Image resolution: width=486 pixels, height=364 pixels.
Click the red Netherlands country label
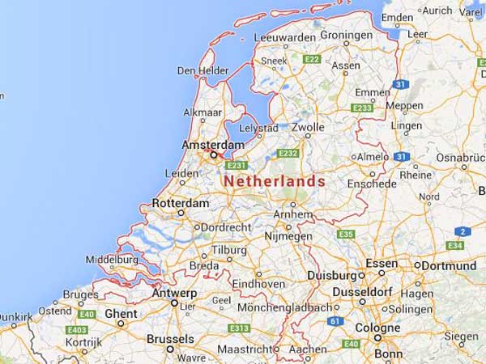(274, 181)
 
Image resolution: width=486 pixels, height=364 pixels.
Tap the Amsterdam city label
(212, 143)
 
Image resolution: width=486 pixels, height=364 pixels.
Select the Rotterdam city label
(180, 203)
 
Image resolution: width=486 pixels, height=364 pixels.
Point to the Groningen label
(347, 36)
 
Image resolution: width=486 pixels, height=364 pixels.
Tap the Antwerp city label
(174, 293)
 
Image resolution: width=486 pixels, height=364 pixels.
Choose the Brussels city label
(170, 339)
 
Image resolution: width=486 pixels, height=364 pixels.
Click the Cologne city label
(377, 328)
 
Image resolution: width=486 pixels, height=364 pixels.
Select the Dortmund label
(448, 265)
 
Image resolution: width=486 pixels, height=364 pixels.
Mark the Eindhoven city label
(260, 284)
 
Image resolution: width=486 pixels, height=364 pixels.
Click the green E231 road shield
(237, 165)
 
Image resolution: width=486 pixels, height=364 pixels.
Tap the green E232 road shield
(288, 153)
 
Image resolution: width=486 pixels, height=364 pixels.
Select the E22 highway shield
(312, 60)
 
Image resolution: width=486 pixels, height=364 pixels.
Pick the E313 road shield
(238, 328)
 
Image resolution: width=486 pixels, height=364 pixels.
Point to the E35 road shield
(346, 234)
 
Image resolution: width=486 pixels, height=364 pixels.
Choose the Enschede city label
(373, 184)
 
